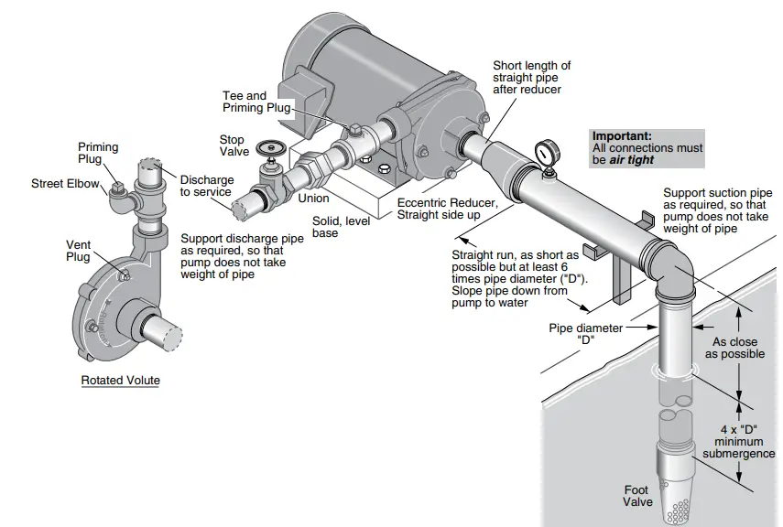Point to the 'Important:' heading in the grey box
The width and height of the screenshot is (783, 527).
(622, 135)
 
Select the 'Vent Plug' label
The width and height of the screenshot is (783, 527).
(79, 252)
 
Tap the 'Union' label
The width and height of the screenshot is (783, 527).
(314, 199)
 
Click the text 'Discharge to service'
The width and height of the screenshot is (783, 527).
(206, 186)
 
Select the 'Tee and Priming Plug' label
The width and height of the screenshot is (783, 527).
(245, 102)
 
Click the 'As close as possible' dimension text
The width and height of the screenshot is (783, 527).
(738, 349)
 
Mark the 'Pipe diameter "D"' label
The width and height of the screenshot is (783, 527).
(585, 334)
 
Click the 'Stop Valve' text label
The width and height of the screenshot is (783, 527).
(232, 146)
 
